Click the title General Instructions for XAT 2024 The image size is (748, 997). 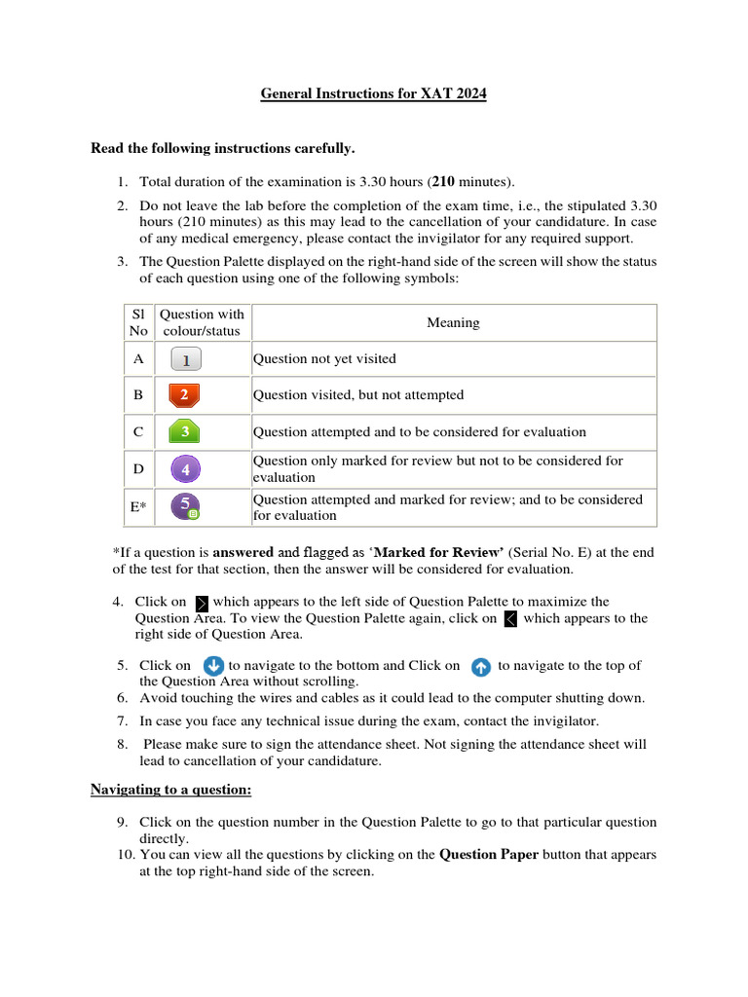pyautogui.click(x=373, y=94)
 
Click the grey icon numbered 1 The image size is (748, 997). pyautogui.click(x=186, y=360)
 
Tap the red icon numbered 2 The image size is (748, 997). pyautogui.click(x=183, y=395)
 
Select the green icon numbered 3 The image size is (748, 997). pyautogui.click(x=185, y=431)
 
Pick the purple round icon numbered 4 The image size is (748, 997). pyautogui.click(x=185, y=469)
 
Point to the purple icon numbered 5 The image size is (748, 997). pyautogui.click(x=184, y=506)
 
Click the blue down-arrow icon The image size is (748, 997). pyautogui.click(x=212, y=666)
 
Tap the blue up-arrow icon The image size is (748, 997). pyautogui.click(x=480, y=667)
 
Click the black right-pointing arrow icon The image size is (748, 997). pyautogui.click(x=202, y=604)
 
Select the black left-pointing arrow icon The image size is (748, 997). pyautogui.click(x=510, y=619)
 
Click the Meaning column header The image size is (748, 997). pyautogui.click(x=453, y=323)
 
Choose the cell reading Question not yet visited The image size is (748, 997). pyautogui.click(x=324, y=359)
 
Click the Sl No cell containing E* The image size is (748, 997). pyautogui.click(x=138, y=507)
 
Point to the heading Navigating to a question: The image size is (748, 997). pyautogui.click(x=171, y=789)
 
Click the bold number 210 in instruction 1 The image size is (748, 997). pyautogui.click(x=443, y=181)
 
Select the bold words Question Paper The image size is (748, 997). pyautogui.click(x=489, y=855)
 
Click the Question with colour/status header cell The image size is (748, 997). pyautogui.click(x=202, y=322)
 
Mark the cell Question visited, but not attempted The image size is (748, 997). pyautogui.click(x=358, y=395)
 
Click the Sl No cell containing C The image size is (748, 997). pyautogui.click(x=138, y=431)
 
